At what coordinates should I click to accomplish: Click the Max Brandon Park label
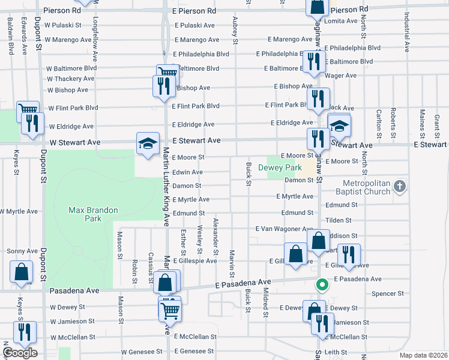(93, 214)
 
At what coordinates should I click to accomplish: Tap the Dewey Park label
(280, 168)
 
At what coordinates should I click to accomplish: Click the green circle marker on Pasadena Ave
(322, 284)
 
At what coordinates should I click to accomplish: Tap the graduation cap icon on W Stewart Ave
(148, 143)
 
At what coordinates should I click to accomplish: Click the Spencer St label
(388, 293)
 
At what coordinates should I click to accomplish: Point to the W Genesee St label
(142, 352)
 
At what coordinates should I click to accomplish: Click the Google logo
(19, 353)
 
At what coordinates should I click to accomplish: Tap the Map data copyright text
(423, 355)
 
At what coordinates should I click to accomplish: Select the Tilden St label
(338, 221)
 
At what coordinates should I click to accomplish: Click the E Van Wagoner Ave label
(284, 229)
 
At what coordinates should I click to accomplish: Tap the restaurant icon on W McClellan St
(25, 332)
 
